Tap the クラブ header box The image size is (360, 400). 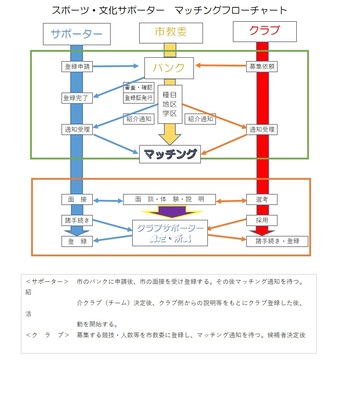click(x=264, y=31)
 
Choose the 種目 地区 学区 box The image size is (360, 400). click(x=169, y=103)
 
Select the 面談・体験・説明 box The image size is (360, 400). click(x=169, y=199)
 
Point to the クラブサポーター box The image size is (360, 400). click(x=169, y=233)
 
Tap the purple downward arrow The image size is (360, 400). click(x=169, y=212)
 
